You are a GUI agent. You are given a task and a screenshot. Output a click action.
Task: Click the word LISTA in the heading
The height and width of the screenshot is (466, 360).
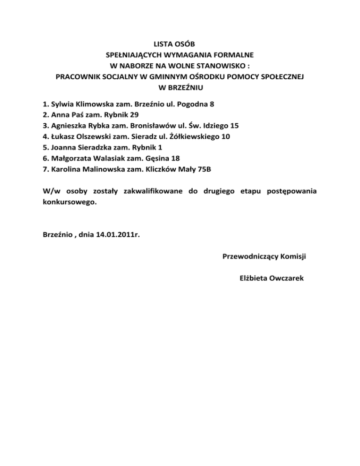point(165,45)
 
